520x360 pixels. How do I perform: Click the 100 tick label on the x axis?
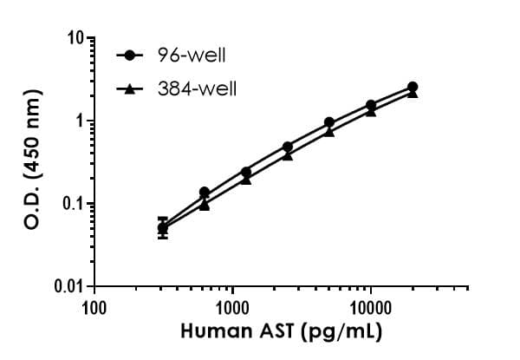94,306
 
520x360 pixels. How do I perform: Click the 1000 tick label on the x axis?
232,306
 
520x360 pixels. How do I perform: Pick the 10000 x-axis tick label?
371,306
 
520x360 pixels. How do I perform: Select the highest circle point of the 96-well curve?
413,87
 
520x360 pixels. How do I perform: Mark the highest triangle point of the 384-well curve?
413,93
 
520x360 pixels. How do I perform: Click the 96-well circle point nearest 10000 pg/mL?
371,105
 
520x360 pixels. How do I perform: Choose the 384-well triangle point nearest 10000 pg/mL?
371,111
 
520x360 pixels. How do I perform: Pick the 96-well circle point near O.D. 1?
329,122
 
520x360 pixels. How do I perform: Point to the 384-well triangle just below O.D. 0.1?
205,206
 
